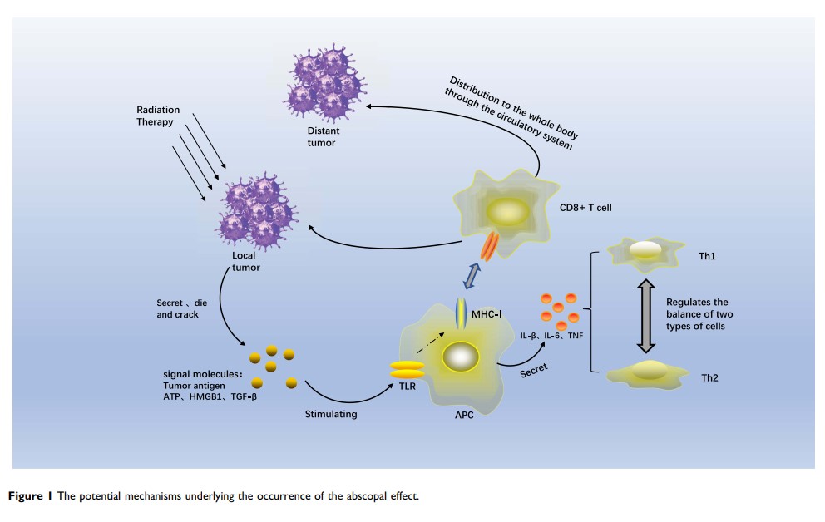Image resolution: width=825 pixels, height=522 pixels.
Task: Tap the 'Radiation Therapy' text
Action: [x=156, y=116]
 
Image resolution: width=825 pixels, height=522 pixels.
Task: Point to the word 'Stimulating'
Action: [x=330, y=413]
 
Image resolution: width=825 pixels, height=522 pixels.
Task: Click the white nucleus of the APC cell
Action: [x=459, y=357]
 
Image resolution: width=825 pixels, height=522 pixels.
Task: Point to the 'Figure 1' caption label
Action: [x=32, y=496]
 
